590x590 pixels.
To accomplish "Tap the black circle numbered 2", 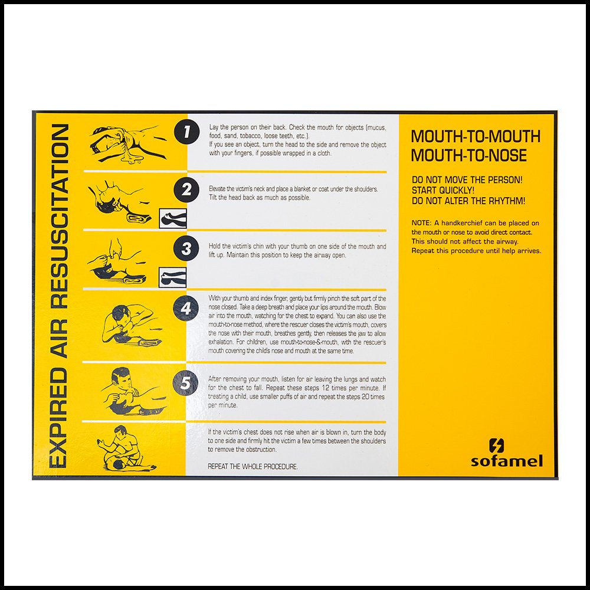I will [x=187, y=190].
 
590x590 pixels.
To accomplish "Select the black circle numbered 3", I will [x=187, y=248].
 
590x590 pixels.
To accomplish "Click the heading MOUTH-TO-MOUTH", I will [x=476, y=137].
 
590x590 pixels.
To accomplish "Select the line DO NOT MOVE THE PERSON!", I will [x=467, y=179].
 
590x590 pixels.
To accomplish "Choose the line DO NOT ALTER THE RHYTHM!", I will [x=468, y=201].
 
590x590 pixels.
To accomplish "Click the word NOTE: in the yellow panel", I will [x=422, y=223].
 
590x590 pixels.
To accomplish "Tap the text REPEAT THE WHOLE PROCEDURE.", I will [x=253, y=467].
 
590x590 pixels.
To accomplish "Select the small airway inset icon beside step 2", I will [x=173, y=218].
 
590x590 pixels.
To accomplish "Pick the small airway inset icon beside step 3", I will [x=173, y=275].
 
